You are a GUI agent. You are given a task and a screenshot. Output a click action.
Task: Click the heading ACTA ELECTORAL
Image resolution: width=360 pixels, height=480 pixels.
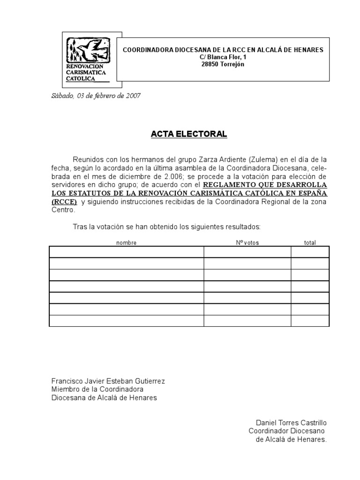pos(189,135)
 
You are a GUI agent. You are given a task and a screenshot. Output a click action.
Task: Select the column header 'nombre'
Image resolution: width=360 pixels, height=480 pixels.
pos(126,243)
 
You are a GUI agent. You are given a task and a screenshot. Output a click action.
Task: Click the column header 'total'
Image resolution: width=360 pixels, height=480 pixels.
pos(310,243)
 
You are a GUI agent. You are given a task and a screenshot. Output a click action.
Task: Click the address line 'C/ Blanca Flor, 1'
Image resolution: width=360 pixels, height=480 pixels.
pos(223,57)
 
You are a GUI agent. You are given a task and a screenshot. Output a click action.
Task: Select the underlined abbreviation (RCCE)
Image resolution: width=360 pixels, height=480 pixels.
pos(64,202)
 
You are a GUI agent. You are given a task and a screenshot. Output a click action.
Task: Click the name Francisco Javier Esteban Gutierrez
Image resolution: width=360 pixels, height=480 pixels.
pos(108,381)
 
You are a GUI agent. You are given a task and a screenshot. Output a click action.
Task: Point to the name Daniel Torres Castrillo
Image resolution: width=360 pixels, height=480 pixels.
pos(291,423)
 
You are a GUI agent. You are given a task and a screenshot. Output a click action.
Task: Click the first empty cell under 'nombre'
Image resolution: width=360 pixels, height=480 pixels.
pos(126,252)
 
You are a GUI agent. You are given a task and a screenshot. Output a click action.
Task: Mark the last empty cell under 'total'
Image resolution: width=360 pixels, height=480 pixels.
pos(310,321)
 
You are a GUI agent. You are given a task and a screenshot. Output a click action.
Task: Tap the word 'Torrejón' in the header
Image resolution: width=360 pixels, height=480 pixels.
pos(232,64)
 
